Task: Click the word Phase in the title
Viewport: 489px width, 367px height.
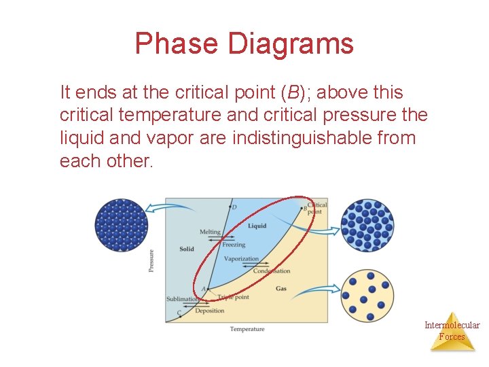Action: pyautogui.click(x=177, y=43)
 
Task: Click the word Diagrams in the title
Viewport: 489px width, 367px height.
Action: pyautogui.click(x=291, y=43)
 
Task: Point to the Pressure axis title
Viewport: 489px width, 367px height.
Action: pyautogui.click(x=151, y=262)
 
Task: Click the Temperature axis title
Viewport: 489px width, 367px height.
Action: pyautogui.click(x=247, y=329)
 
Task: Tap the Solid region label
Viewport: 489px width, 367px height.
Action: pyautogui.click(x=187, y=249)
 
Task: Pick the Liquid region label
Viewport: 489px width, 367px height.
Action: pyautogui.click(x=257, y=226)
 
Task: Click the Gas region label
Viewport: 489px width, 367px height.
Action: pyautogui.click(x=281, y=289)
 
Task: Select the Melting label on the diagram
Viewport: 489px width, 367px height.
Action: pyautogui.click(x=210, y=232)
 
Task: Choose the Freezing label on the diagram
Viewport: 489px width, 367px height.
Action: pyautogui.click(x=234, y=245)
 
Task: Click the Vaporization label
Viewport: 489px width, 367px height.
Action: pyautogui.click(x=241, y=259)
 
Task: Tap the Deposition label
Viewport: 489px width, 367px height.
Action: pyautogui.click(x=209, y=311)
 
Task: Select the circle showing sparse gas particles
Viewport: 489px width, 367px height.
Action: pyautogui.click(x=367, y=296)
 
